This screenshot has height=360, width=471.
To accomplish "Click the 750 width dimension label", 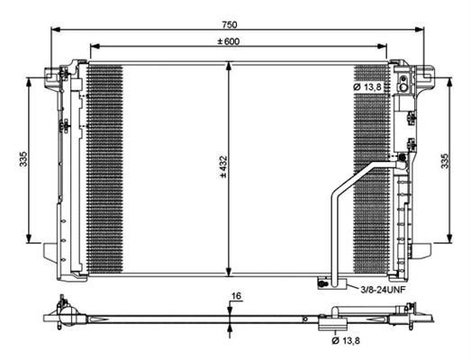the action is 230,24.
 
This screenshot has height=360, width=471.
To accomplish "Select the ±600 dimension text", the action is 229,41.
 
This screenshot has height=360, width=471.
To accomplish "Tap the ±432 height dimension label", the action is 223,166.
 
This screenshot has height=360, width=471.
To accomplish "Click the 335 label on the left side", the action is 23,159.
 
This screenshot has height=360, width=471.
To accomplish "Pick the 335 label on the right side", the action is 445,161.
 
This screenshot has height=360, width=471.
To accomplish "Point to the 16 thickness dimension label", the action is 237,296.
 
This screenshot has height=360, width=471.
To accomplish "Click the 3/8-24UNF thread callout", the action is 383,290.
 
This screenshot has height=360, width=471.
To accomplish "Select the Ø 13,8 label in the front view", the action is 367,87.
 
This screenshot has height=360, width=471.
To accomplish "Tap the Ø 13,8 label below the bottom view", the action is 346,340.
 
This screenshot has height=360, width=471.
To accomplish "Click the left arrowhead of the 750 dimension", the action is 56,30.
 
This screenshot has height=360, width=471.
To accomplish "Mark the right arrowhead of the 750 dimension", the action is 419,30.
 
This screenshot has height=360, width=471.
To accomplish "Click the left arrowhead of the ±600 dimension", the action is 95,46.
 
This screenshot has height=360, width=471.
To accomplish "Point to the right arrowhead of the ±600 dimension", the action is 382,46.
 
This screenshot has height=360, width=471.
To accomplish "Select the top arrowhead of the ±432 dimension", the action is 229,66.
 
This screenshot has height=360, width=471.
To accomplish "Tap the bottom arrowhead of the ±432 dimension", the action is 229,272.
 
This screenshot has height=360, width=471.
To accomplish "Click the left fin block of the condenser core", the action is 105,169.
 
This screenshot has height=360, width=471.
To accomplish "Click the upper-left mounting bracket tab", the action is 52,77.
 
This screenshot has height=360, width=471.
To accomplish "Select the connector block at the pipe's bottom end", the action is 332,283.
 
